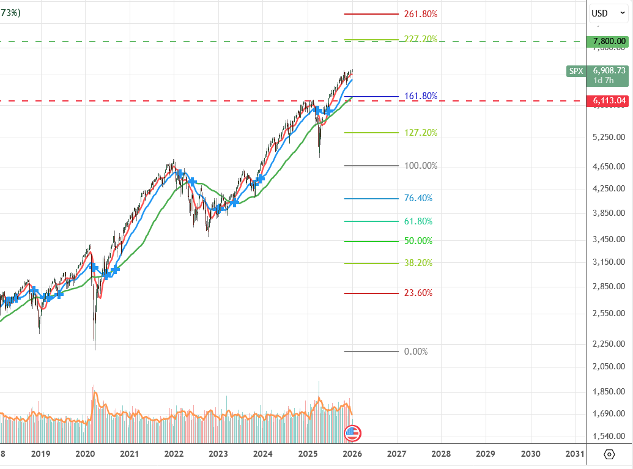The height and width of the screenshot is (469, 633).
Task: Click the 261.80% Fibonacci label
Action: click(x=421, y=14)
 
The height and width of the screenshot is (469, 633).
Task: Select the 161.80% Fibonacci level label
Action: click(x=421, y=96)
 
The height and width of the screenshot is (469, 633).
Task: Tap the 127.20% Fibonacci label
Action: click(x=421, y=133)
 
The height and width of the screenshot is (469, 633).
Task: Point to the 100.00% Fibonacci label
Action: click(x=421, y=166)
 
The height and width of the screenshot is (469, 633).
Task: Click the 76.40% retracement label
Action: click(x=418, y=198)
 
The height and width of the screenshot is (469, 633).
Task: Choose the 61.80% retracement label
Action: click(x=418, y=221)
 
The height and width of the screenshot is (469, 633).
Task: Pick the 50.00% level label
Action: click(x=418, y=241)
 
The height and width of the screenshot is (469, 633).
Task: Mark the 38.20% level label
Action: click(x=418, y=263)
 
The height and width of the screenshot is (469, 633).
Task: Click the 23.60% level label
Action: click(x=418, y=293)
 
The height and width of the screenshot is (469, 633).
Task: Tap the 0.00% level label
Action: click(x=416, y=352)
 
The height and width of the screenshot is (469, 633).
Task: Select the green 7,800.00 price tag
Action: click(x=608, y=42)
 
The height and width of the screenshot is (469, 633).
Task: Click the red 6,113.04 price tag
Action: click(x=608, y=100)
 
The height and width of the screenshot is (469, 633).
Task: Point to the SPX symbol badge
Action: click(x=576, y=71)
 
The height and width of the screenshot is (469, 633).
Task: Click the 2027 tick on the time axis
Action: click(x=396, y=454)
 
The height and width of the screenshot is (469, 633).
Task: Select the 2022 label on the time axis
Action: click(x=174, y=454)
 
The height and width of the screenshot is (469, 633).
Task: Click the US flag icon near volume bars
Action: click(x=353, y=434)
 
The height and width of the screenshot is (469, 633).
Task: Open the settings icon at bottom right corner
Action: click(x=609, y=454)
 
